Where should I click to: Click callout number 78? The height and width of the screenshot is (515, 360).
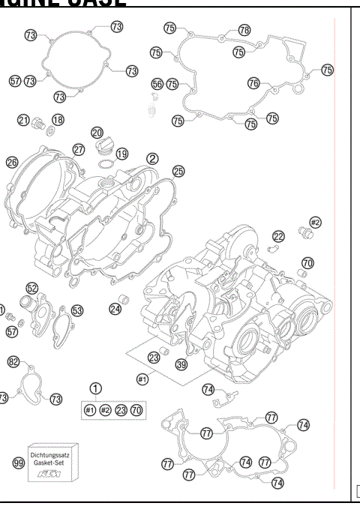point(244,30)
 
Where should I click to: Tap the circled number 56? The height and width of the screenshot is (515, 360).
point(157,84)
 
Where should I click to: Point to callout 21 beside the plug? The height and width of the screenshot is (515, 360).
point(24,120)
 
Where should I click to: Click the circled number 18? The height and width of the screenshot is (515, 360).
point(58,120)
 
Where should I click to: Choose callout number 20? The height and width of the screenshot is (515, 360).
point(97,133)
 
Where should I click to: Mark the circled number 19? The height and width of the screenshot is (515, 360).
point(121,153)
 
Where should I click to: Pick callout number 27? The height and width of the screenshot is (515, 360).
point(79,149)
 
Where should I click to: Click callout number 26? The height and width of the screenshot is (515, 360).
point(12,162)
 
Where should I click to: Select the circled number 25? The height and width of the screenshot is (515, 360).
point(178,171)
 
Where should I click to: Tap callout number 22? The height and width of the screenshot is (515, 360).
point(278,237)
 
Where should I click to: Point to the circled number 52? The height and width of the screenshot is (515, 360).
point(31,288)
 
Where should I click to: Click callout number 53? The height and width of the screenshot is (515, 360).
point(77,310)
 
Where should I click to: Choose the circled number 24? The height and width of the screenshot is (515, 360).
point(115,308)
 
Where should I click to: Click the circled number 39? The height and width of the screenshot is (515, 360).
point(181,364)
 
